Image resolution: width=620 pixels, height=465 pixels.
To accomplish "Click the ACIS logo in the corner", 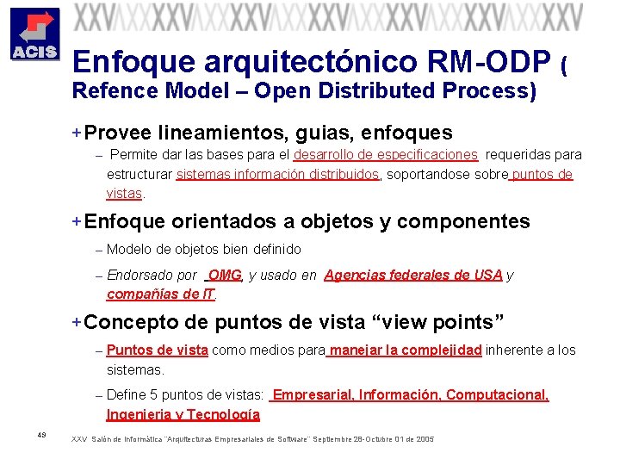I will [x=34, y=34].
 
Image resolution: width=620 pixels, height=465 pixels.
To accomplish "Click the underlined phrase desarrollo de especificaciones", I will [x=385, y=155].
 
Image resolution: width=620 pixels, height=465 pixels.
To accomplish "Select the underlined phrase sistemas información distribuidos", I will [x=277, y=175].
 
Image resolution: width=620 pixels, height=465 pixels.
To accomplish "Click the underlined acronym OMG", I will [x=225, y=276].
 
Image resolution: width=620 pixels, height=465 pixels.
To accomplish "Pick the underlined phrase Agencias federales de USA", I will [x=412, y=276].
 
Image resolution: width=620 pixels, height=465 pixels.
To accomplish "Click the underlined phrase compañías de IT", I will [x=160, y=294].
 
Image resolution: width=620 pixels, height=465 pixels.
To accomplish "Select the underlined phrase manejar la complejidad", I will [x=405, y=350].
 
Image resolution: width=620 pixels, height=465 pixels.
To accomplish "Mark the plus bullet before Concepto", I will [x=77, y=323].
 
